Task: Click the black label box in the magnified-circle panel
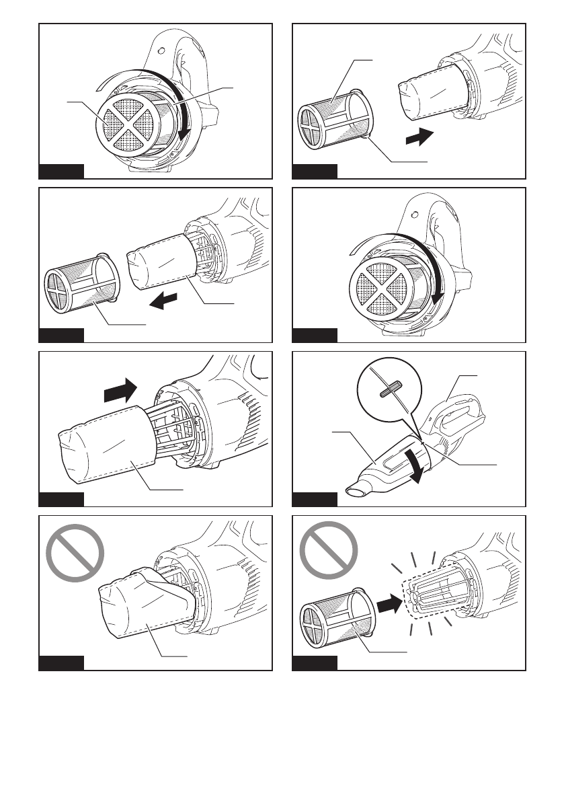pos(315,498)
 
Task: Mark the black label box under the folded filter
pos(61,663)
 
